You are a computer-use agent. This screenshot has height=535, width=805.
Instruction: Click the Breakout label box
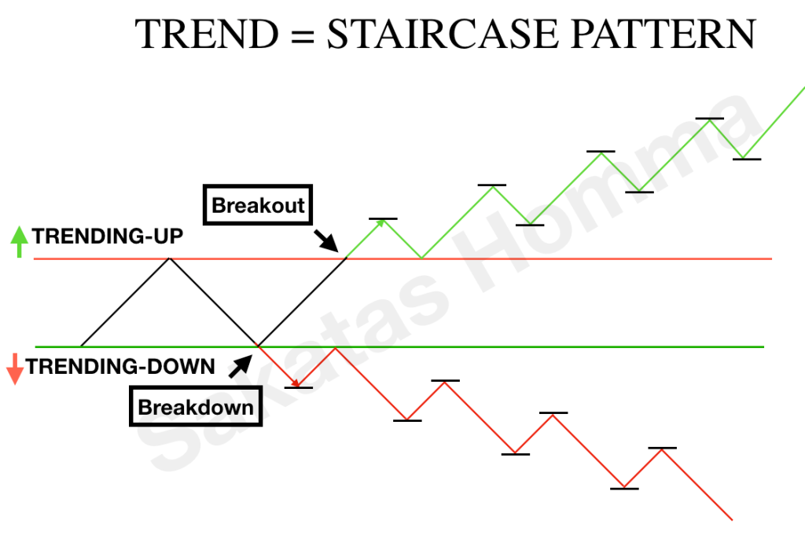[258, 206]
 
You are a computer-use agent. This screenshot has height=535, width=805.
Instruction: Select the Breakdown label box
[196, 407]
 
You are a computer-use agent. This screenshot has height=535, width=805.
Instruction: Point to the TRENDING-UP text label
[108, 236]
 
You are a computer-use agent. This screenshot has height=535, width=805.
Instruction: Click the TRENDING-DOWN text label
[120, 366]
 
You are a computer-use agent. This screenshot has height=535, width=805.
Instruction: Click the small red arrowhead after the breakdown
[294, 383]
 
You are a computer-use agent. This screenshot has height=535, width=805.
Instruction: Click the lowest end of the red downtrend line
[731, 519]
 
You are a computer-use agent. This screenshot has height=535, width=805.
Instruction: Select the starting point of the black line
[81, 346]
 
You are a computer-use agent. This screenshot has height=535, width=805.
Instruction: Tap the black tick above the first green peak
[383, 218]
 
